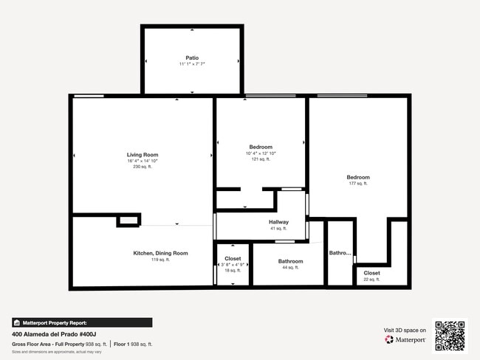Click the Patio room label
pos(192,58)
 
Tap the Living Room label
pos(143,155)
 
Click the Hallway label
pos(278,222)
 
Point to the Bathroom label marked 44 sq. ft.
pos(290,261)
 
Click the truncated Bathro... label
pos(340,253)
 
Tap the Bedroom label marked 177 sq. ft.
pos(358,177)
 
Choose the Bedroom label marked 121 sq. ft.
pos(261,147)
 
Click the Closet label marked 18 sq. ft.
pos(233,259)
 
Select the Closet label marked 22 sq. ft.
pos(371,273)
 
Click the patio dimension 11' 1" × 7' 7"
pos(192,64)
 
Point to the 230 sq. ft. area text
pos(143,167)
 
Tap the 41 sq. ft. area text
pos(278,229)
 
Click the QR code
pos(450,335)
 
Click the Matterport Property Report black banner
pos(82,322)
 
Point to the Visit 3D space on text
pos(405,330)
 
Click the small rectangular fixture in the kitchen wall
pos(128,220)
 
